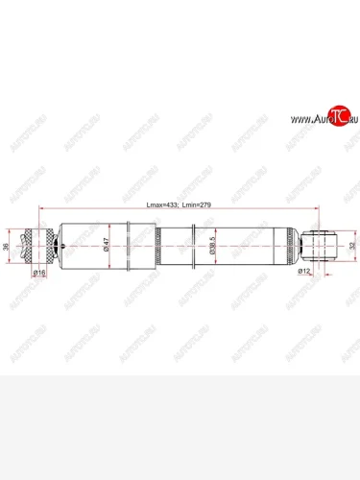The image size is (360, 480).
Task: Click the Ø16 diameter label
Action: click(x=39, y=273)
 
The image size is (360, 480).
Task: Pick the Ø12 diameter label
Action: click(x=304, y=273)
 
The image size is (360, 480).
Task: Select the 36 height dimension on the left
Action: click(x=8, y=246)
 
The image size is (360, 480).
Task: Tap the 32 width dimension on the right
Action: click(x=351, y=246)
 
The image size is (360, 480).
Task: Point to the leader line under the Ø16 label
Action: click(x=39, y=277)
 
